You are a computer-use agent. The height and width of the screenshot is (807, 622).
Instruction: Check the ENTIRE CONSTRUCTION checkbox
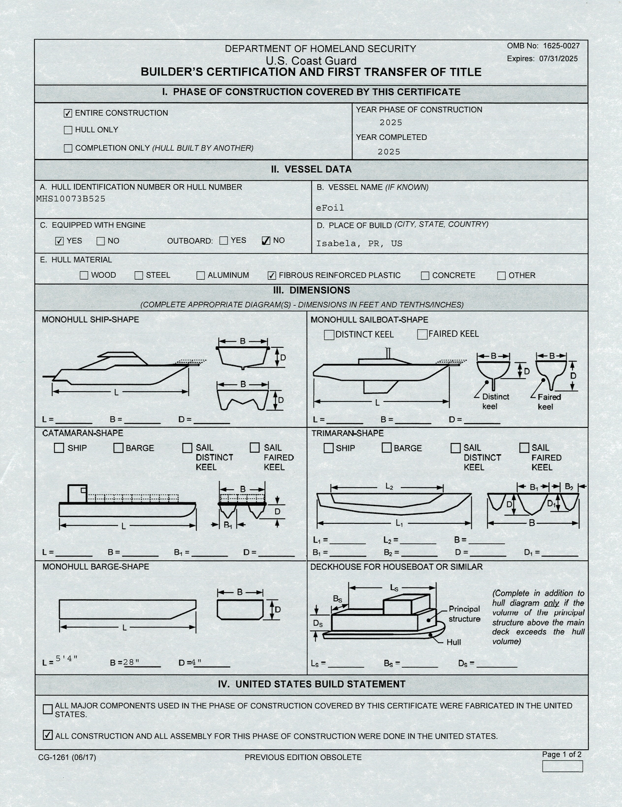[68, 113]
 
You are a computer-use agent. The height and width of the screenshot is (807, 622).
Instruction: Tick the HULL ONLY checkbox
[68, 130]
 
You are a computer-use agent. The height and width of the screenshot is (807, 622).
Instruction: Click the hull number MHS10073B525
[71, 199]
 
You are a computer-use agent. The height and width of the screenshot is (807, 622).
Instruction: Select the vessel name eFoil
[330, 208]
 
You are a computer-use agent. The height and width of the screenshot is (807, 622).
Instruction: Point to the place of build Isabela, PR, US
[359, 244]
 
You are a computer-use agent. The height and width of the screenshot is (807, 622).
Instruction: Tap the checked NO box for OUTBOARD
[266, 241]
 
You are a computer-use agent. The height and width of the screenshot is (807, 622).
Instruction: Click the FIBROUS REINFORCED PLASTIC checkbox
[272, 275]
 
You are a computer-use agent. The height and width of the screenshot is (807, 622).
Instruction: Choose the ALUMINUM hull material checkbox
[201, 275]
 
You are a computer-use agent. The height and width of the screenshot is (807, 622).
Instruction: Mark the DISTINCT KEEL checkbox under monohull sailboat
[329, 335]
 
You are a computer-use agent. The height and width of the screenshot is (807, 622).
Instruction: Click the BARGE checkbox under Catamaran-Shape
[118, 448]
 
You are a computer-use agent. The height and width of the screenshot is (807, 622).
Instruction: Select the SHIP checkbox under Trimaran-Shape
[328, 448]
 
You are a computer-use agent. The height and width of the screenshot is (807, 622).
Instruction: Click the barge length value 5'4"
[67, 658]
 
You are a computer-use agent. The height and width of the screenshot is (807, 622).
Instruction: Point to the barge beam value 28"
[131, 662]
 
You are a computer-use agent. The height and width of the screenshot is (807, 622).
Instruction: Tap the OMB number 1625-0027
[561, 46]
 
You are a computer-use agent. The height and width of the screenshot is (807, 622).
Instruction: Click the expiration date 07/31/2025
[558, 59]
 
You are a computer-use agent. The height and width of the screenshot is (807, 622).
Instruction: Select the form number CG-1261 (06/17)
[67, 758]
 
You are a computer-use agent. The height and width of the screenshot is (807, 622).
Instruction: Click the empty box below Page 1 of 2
[562, 767]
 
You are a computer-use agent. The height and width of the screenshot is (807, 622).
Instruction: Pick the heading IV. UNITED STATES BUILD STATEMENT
[312, 684]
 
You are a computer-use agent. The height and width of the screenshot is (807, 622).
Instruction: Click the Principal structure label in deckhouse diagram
[464, 614]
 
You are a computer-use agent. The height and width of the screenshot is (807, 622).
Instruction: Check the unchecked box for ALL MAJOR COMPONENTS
[48, 709]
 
